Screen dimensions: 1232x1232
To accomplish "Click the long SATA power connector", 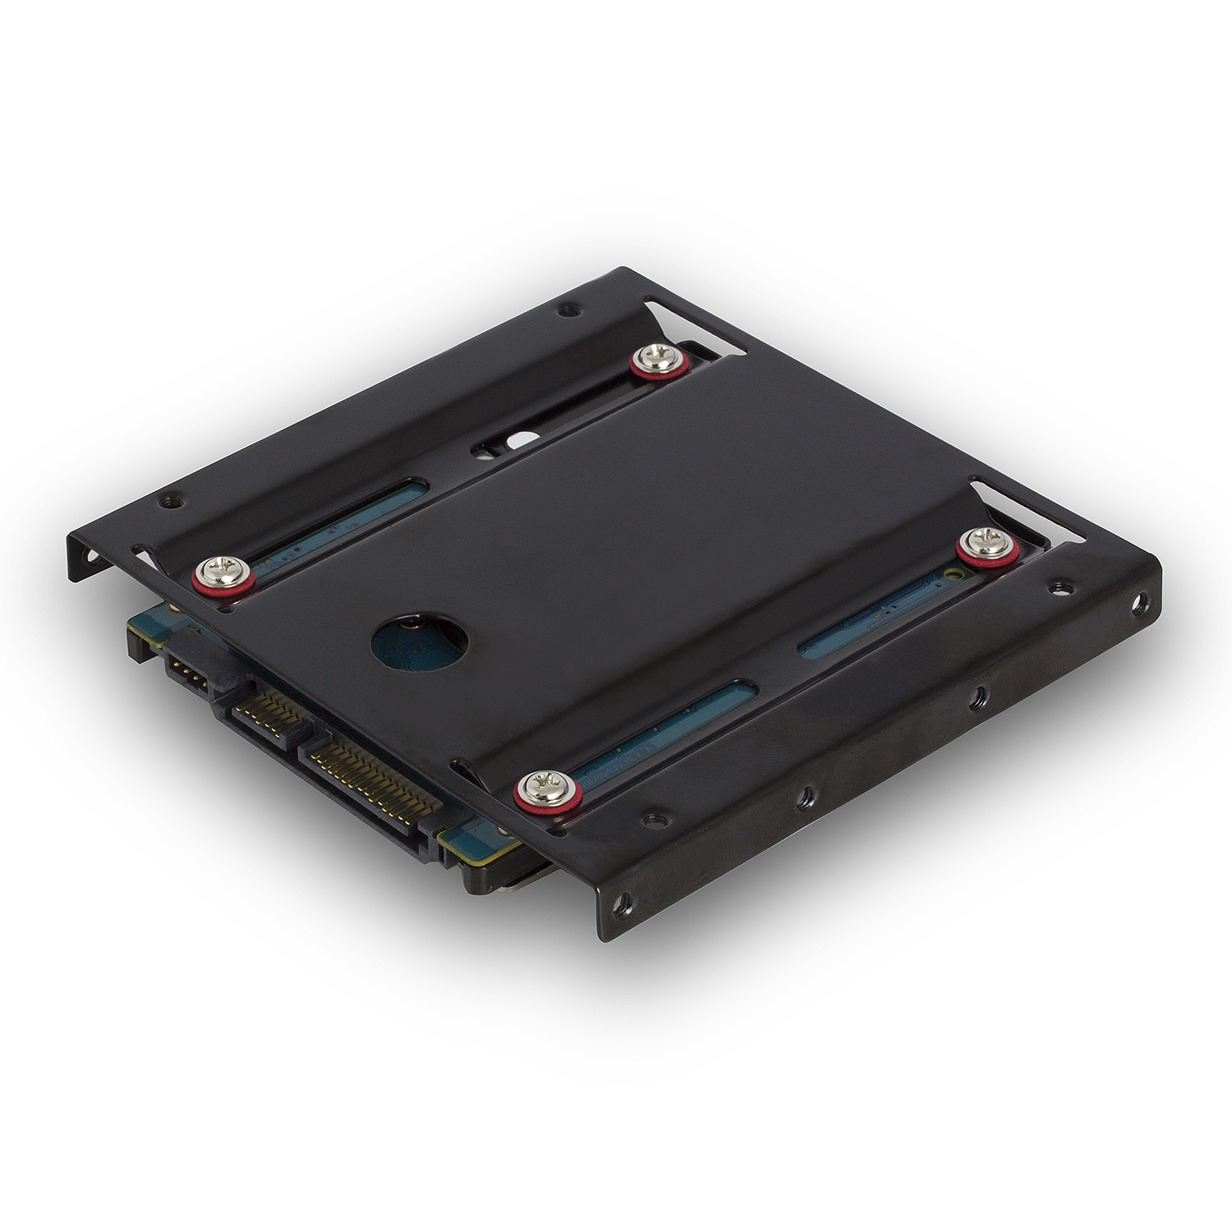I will (365, 776).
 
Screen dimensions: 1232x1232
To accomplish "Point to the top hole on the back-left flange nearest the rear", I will (565, 311).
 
